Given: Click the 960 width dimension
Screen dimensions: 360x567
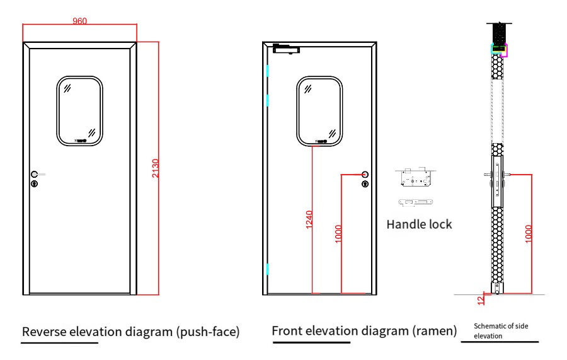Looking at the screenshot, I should [79, 21].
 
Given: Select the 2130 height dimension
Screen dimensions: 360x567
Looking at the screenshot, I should [156, 168].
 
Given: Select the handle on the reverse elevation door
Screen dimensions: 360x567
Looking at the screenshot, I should [37, 173].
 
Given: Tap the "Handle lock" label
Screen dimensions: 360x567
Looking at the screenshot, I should [419, 224].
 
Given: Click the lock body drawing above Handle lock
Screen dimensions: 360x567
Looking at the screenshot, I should [415, 178].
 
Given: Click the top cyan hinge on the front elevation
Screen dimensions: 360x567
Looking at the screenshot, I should [267, 71].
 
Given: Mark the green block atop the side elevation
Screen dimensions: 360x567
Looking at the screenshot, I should [499, 48].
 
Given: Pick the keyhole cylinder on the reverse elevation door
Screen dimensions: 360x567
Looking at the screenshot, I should [35, 183].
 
